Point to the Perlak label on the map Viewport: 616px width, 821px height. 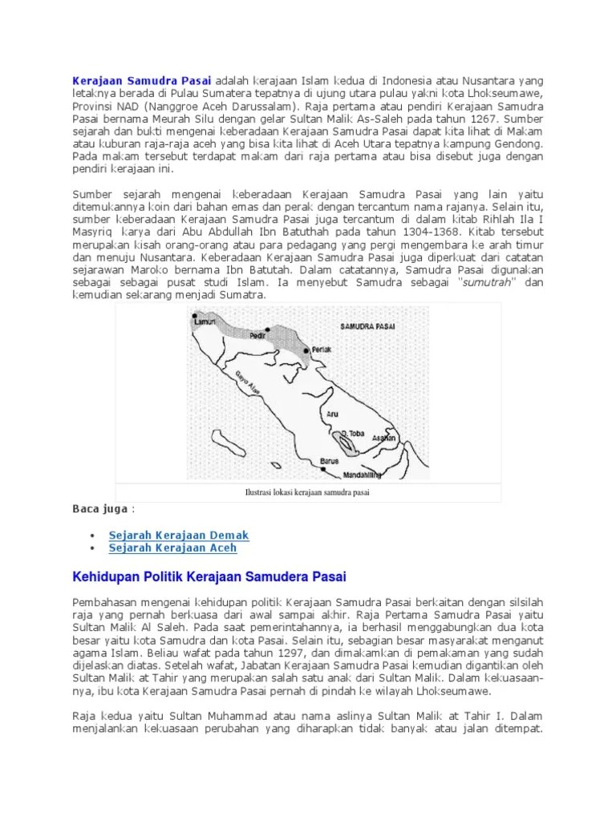(322, 349)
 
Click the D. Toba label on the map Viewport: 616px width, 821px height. (353, 433)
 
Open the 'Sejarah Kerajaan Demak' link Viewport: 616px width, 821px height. (179, 535)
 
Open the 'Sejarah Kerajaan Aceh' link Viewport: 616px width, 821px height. (172, 548)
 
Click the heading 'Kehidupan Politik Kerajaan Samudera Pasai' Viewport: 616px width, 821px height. (209, 576)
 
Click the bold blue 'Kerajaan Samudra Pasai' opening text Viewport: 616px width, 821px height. (142, 80)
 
